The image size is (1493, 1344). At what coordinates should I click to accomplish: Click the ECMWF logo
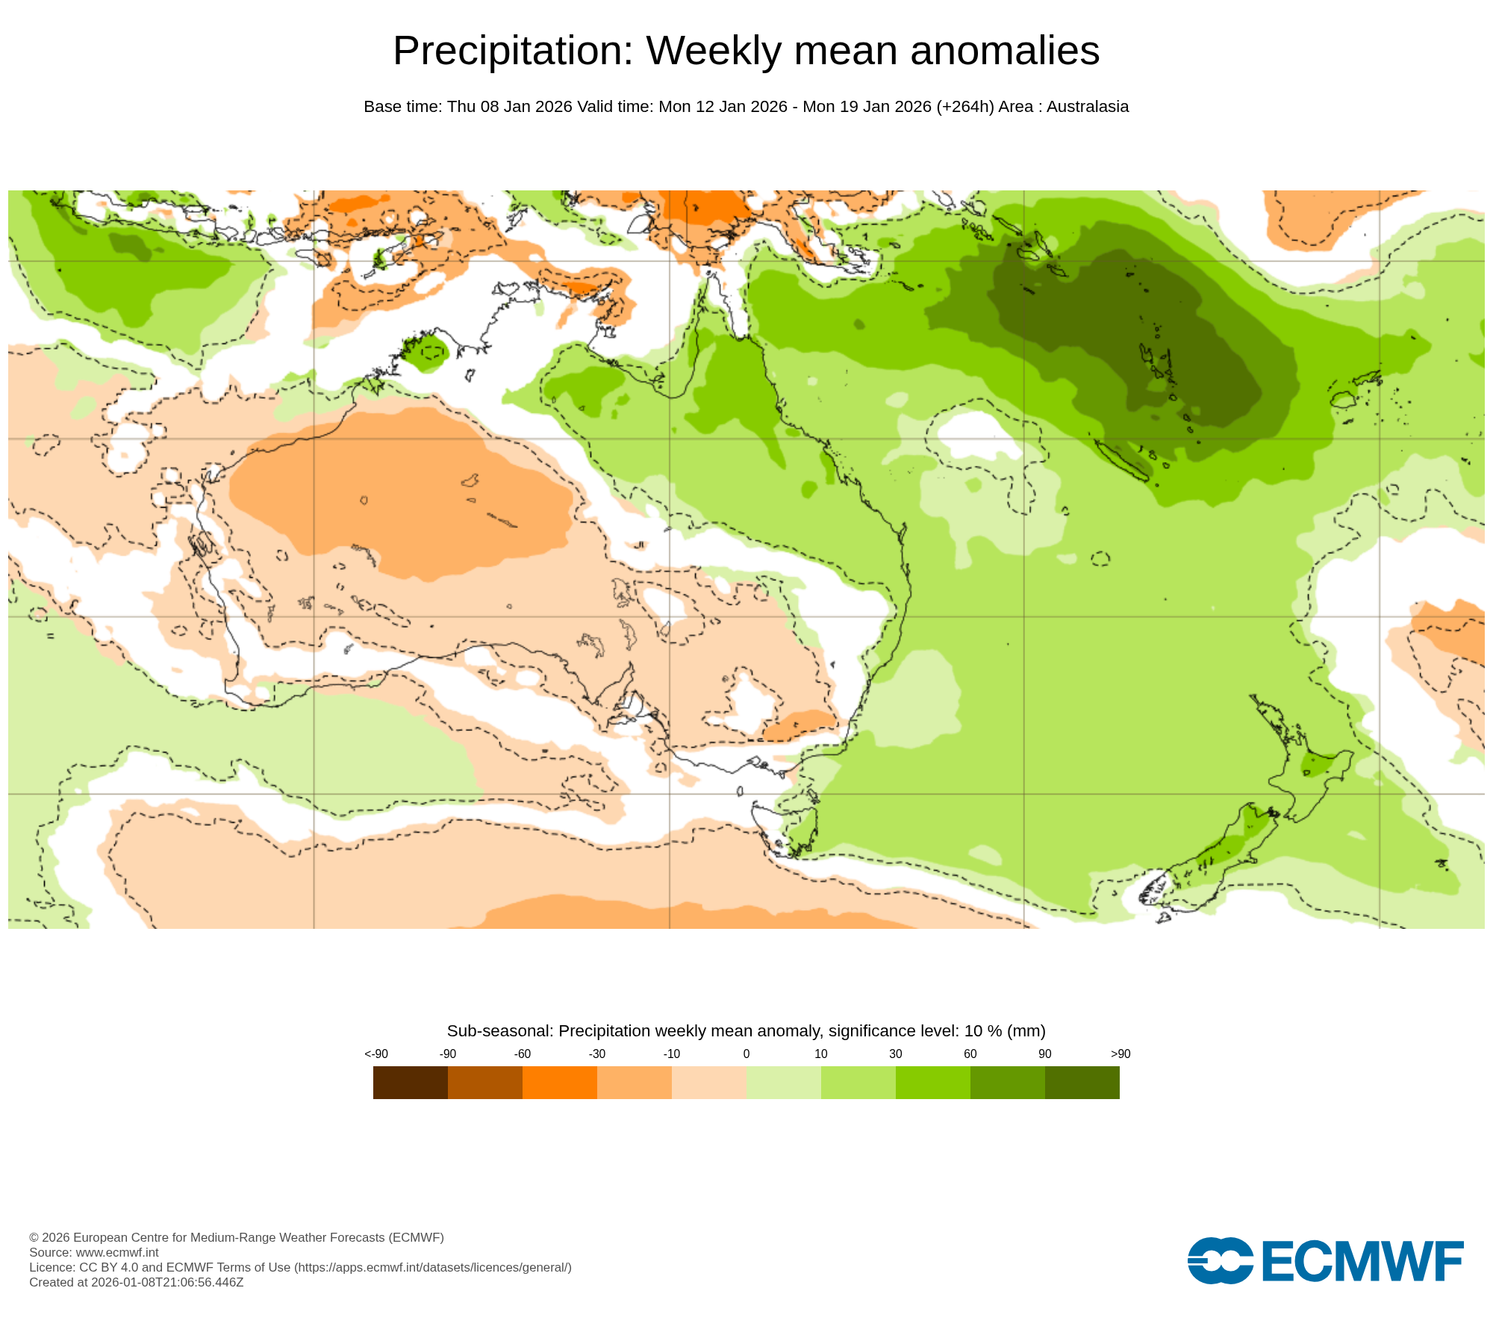tap(1325, 1261)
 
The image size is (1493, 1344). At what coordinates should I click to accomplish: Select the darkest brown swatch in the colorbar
tap(410, 1082)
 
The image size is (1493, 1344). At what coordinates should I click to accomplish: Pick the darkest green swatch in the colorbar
tap(1082, 1082)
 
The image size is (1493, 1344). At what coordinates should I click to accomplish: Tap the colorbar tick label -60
tap(522, 1054)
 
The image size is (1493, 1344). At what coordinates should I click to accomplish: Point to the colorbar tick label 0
tap(746, 1054)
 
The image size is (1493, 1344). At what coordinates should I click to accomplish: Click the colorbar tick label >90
tap(1120, 1054)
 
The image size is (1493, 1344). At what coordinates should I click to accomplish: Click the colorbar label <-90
tap(376, 1054)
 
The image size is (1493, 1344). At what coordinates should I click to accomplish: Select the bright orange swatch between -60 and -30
tap(559, 1082)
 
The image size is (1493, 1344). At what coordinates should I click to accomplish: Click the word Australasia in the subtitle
tap(1087, 107)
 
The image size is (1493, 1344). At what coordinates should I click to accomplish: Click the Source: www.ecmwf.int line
tap(94, 1252)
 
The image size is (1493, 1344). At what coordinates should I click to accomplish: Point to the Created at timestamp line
tap(136, 1282)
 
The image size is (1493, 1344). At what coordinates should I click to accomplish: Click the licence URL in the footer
tap(433, 1267)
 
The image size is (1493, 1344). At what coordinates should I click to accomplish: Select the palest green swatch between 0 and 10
tap(783, 1082)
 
